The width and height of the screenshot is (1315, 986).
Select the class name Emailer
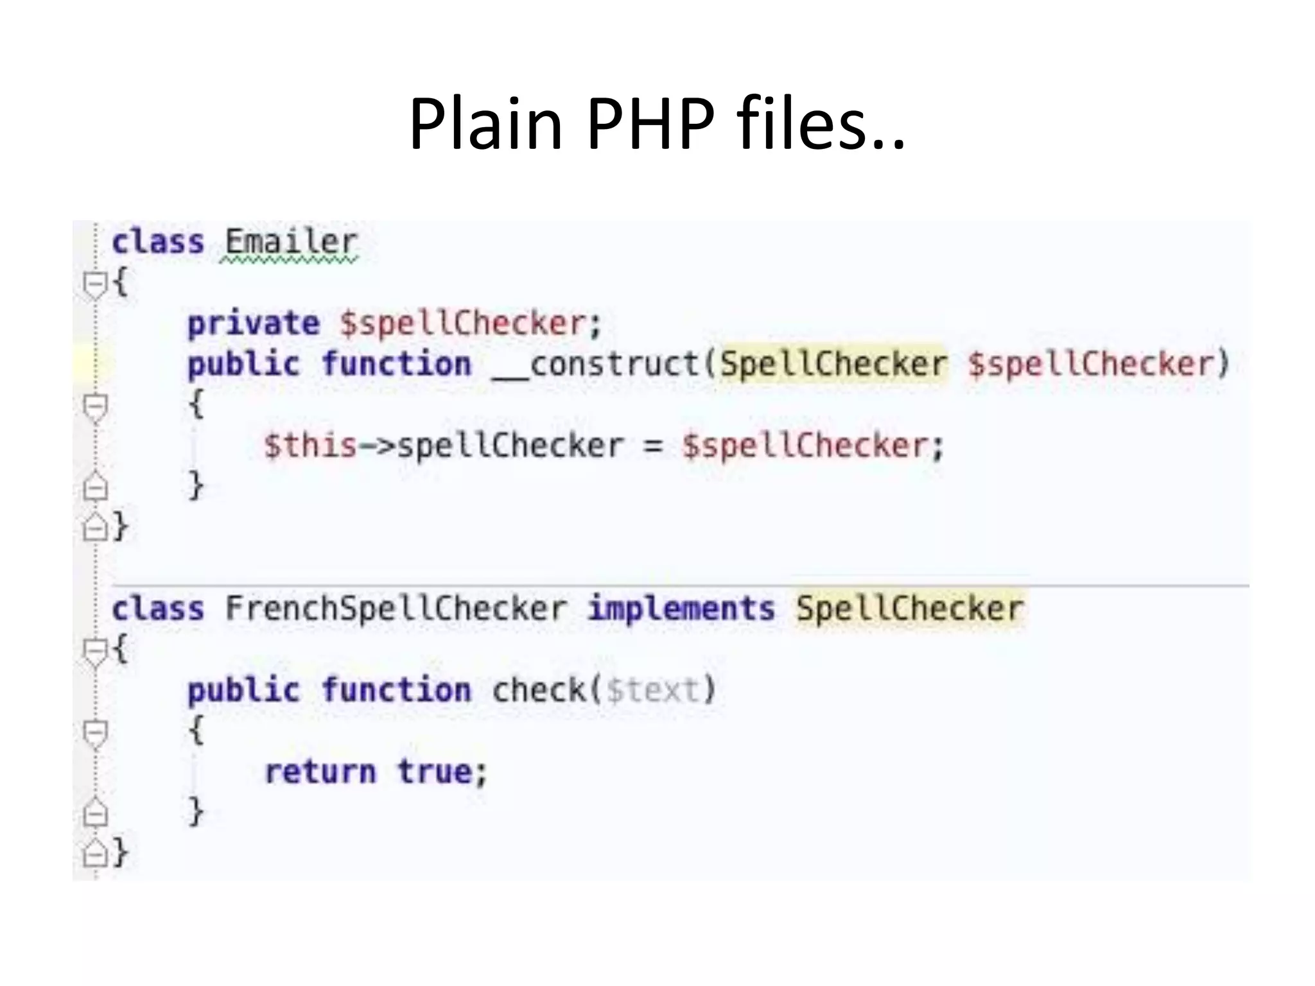pyautogui.click(x=290, y=243)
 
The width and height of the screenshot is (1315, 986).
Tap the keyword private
pyautogui.click(x=253, y=323)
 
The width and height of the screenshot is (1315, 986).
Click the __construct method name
pyautogui.click(x=596, y=364)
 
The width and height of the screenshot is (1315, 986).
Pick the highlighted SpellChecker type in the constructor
pyautogui.click(x=833, y=364)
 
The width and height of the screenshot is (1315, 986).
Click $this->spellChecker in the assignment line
pyautogui.click(x=443, y=445)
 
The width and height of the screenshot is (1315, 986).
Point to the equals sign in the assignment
pyautogui.click(x=652, y=445)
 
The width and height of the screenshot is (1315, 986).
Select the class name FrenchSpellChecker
pyautogui.click(x=396, y=608)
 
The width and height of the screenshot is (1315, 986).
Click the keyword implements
pyautogui.click(x=681, y=608)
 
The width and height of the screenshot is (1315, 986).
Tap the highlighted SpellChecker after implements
pyautogui.click(x=909, y=608)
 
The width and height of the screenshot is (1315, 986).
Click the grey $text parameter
pyautogui.click(x=652, y=691)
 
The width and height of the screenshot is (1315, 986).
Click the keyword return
pyautogui.click(x=320, y=772)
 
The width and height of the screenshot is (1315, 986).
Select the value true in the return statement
pyautogui.click(x=435, y=772)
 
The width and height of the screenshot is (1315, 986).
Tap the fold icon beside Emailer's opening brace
pyautogui.click(x=95, y=283)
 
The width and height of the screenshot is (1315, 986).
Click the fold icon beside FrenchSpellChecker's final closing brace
pyautogui.click(x=95, y=852)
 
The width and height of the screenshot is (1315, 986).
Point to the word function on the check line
pyautogui.click(x=396, y=691)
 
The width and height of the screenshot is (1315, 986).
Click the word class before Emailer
pyautogui.click(x=158, y=243)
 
